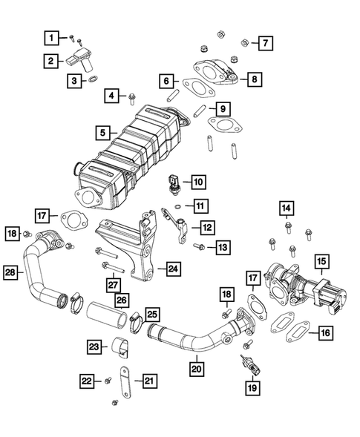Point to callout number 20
pyautogui.click(x=194, y=366)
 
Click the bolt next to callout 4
pyautogui.click(x=132, y=96)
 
